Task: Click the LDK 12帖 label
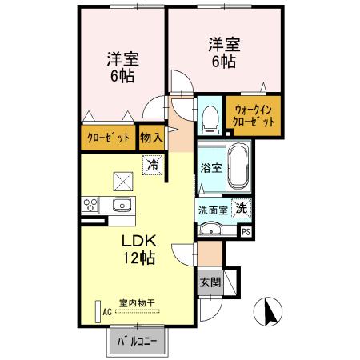pos(138,250)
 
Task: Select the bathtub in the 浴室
pos(238,169)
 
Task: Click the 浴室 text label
pos(211,169)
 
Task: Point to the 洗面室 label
pos(213,209)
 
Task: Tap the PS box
pos(246,232)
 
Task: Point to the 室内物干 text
pos(136,302)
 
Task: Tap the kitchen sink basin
pos(122,204)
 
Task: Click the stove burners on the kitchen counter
pos(90,204)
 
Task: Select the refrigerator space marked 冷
pos(151,166)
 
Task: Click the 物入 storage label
pos(151,138)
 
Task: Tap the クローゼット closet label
pos(108,138)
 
